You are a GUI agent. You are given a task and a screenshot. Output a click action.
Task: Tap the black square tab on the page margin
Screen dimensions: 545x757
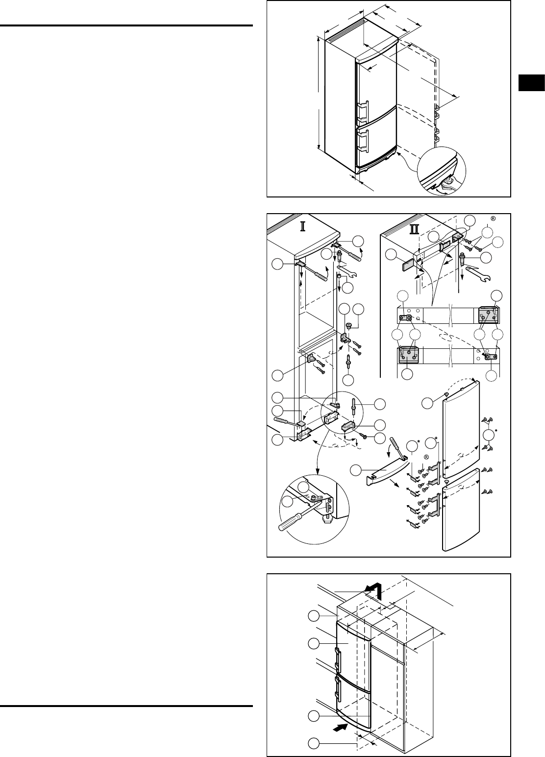(531, 82)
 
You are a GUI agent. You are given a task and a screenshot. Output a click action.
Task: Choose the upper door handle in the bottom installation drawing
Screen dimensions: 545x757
(338, 659)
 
